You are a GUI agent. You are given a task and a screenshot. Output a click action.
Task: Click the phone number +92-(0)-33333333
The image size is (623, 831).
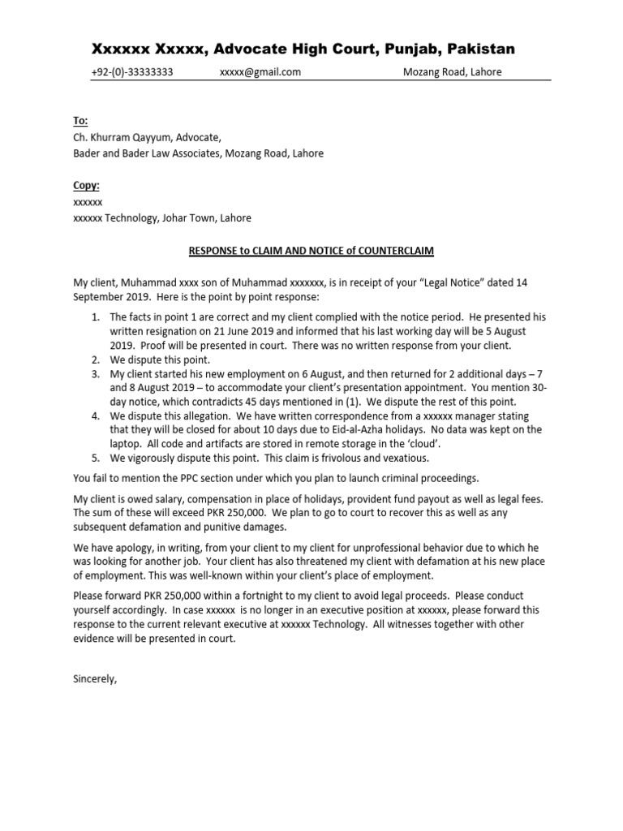(x=131, y=72)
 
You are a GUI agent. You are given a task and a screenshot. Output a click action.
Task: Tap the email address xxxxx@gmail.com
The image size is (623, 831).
(x=260, y=72)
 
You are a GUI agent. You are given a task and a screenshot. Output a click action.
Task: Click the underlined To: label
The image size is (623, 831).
(x=80, y=121)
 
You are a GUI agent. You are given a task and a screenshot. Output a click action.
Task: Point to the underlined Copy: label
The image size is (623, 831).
(x=86, y=186)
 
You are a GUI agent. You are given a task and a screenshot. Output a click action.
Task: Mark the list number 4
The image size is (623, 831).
(x=95, y=415)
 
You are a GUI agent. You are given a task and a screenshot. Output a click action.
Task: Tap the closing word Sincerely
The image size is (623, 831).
(x=96, y=679)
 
